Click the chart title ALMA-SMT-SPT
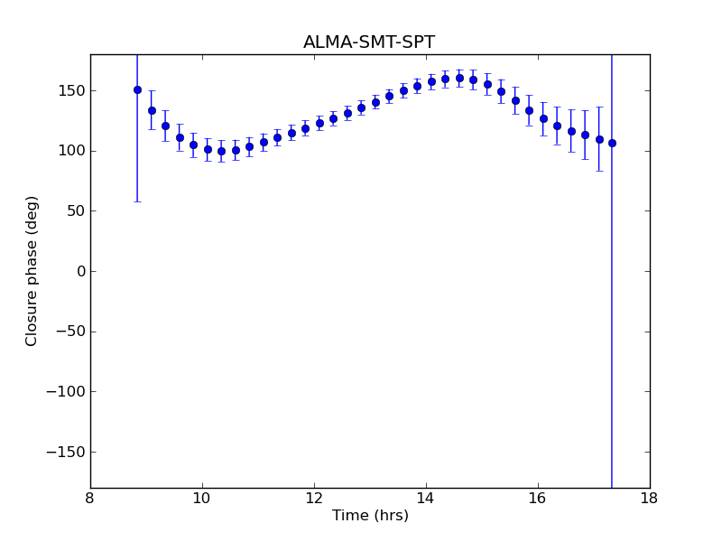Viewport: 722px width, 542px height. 369,42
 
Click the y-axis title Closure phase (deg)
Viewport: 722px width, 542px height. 32,271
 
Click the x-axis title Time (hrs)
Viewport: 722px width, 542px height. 370,516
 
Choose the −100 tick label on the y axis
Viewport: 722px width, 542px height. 61,392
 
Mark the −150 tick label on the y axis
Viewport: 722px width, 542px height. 61,452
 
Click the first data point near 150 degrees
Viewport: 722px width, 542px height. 137,89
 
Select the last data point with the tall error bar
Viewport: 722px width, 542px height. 612,143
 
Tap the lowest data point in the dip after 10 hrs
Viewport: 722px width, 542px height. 221,151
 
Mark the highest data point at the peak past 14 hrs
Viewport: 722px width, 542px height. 459,78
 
